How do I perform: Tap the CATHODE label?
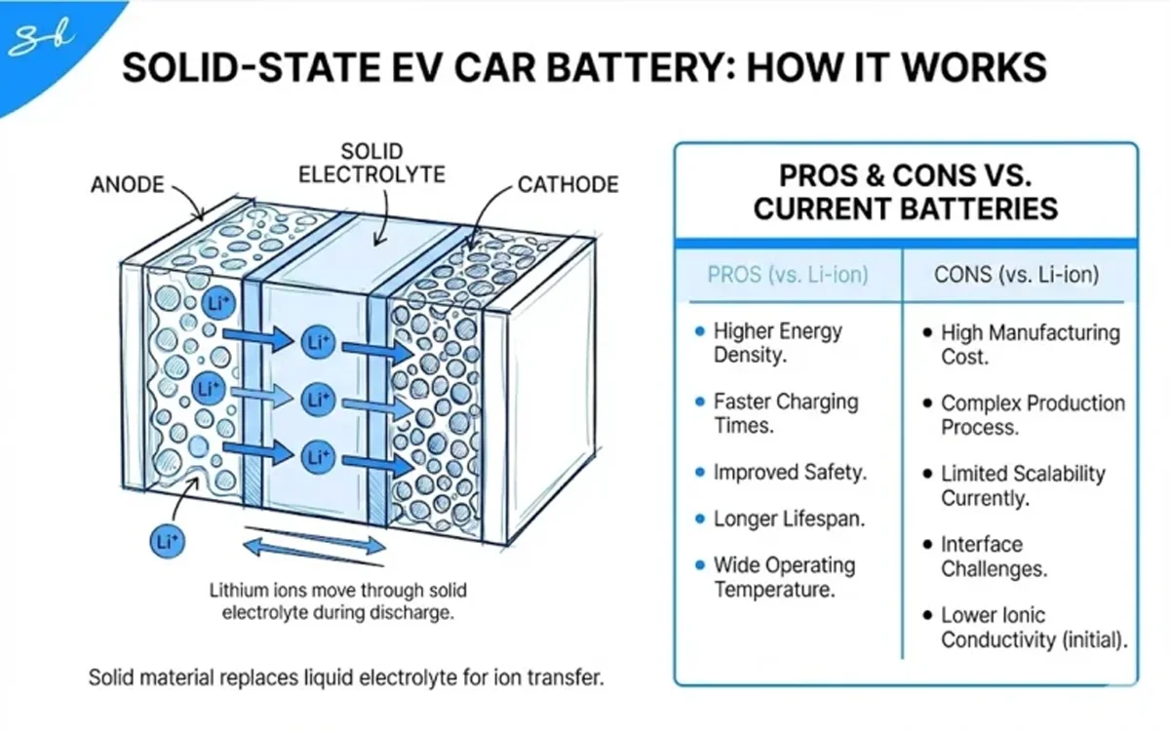pos(568,184)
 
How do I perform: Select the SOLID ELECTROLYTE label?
pos(371,164)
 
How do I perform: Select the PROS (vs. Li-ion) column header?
pos(787,275)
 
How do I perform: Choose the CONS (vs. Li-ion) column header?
pos(1016,275)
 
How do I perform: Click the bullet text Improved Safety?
pos(790,473)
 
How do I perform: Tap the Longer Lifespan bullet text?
pos(790,519)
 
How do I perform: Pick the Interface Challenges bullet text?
pos(994,557)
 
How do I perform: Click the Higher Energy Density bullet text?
pos(778,343)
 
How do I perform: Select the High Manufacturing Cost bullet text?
pos(1030,345)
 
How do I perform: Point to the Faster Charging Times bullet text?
pos(785,413)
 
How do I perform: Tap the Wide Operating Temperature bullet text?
pos(784,577)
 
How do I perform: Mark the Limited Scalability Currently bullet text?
pos(1022,486)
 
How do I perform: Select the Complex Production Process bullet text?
pos(1032,415)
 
